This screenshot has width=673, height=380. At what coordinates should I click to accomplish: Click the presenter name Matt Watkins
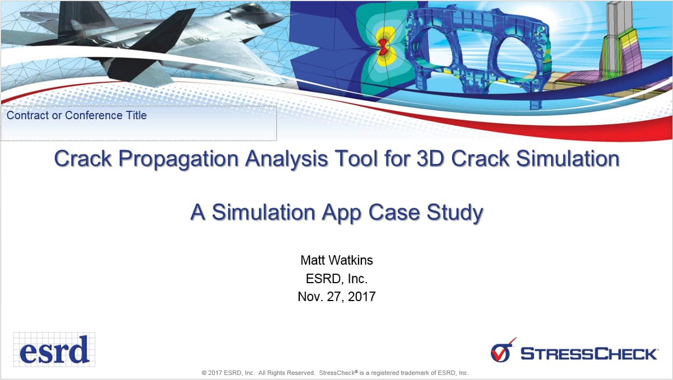(x=336, y=260)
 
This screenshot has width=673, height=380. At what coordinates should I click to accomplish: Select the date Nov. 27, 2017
(x=336, y=297)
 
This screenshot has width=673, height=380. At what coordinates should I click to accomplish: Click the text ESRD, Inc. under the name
(x=336, y=278)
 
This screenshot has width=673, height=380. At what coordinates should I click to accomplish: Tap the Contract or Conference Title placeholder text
(x=77, y=116)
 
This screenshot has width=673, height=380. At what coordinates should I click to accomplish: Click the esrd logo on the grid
(x=54, y=350)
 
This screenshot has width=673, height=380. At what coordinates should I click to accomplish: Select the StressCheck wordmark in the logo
(x=589, y=354)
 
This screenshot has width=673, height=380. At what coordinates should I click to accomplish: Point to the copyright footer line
(x=335, y=373)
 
